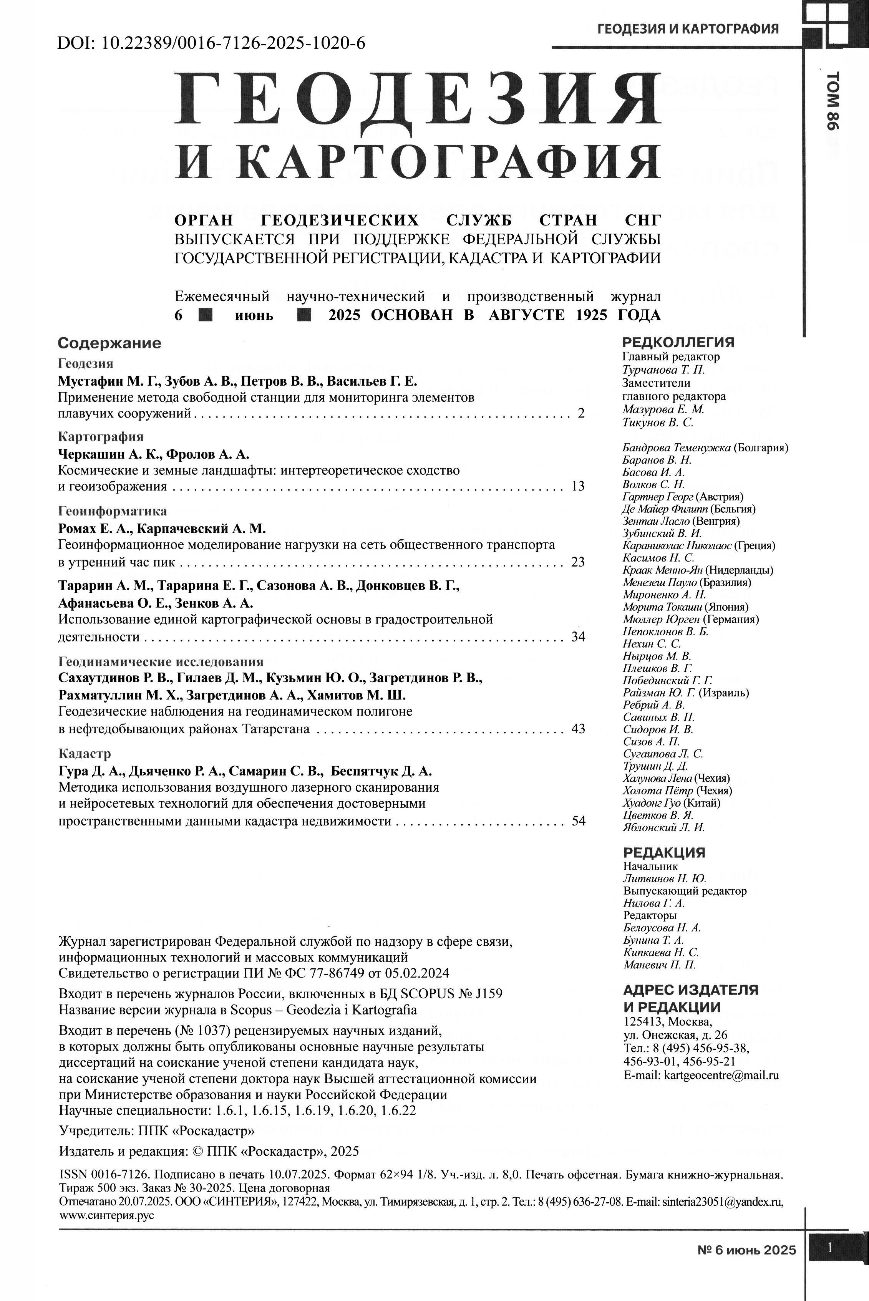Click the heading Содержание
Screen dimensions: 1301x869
pyautogui.click(x=110, y=343)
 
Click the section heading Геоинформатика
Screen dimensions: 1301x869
pyautogui.click(x=113, y=511)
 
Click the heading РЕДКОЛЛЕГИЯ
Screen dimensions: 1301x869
pyautogui.click(x=678, y=342)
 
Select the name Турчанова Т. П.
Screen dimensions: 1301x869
pyautogui.click(x=664, y=370)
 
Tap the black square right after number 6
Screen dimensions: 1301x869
pyautogui.click(x=206, y=315)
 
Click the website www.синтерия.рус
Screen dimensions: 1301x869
pyautogui.click(x=106, y=1215)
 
